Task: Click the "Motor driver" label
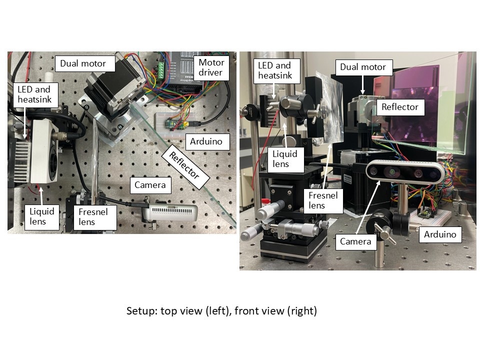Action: pos(211,67)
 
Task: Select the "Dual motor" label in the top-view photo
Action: pos(85,63)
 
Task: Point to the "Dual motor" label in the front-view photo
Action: pos(363,67)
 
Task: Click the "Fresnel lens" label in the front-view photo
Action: pos(323,200)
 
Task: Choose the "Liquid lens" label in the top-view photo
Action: pos(41,216)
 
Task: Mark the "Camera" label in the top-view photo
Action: pos(150,185)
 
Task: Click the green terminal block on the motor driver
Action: pos(160,71)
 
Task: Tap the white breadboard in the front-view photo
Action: pos(430,218)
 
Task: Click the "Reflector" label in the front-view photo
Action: pos(400,107)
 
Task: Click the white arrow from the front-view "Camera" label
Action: pos(368,207)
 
